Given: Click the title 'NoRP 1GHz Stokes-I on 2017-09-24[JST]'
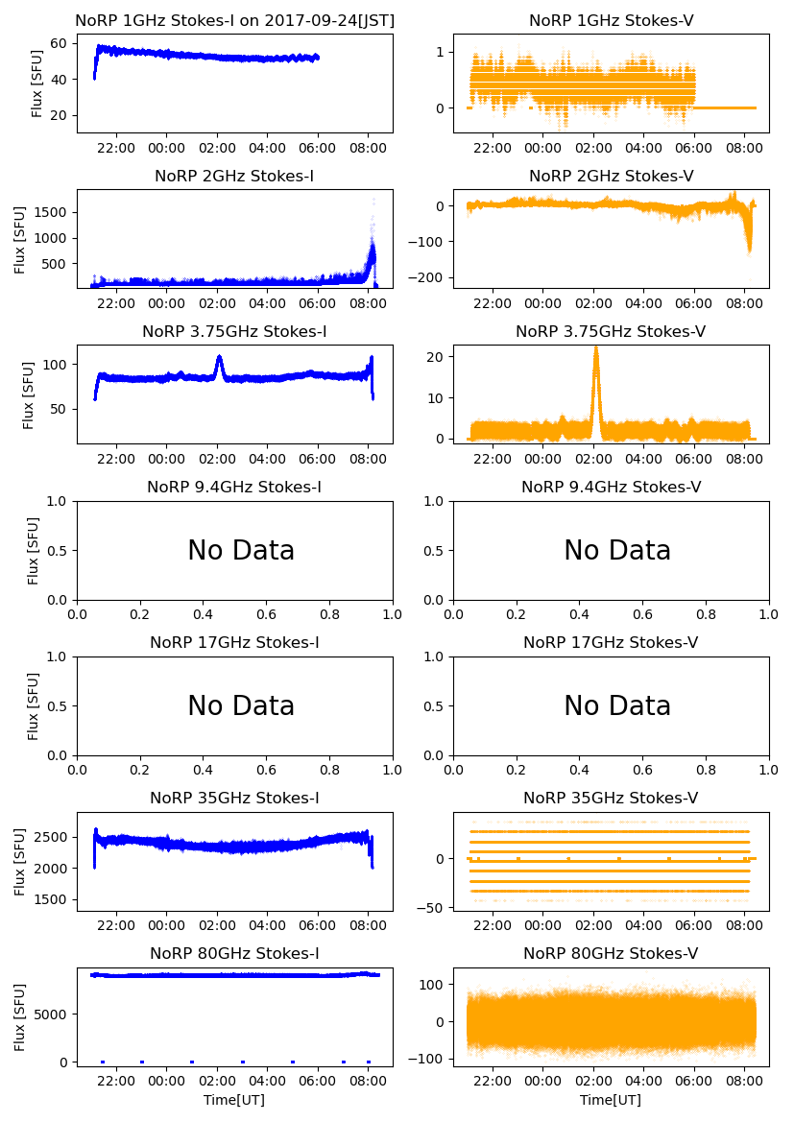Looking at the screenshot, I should (234, 20).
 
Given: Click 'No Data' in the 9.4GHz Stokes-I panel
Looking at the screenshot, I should (240, 551).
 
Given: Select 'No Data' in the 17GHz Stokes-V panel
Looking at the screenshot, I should (616, 706).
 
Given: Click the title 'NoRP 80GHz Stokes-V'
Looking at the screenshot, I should (611, 953).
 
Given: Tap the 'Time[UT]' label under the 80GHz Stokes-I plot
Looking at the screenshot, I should (233, 1099).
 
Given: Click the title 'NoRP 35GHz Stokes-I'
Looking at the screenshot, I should (234, 798).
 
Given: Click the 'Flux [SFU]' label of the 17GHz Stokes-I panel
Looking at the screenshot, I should (34, 706).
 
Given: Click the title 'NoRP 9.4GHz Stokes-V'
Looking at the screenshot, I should (611, 487).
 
